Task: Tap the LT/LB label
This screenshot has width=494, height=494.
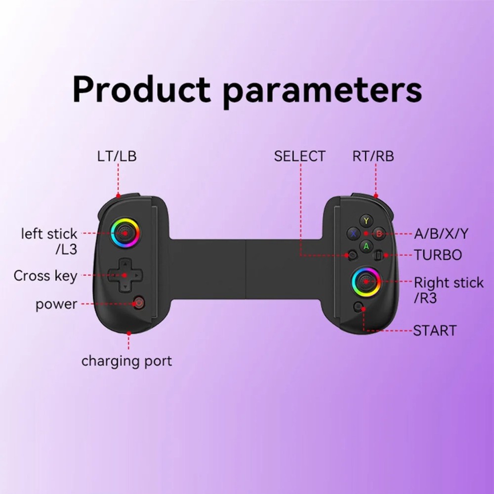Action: coord(117,156)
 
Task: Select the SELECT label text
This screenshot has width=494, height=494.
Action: coord(300,156)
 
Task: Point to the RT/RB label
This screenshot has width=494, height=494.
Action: coord(373,156)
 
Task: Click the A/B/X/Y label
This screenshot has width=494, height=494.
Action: coord(441,234)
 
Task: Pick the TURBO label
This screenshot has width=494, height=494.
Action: coord(438,255)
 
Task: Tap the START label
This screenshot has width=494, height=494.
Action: coord(435,330)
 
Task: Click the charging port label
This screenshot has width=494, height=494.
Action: coord(126,361)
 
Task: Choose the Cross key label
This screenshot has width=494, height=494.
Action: coord(45,276)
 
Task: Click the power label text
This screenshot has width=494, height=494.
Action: coord(56,304)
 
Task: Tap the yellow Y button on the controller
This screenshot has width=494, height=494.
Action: coord(366,221)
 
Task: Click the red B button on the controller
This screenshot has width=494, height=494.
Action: coord(379,234)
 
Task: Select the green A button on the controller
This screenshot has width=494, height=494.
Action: coord(366,246)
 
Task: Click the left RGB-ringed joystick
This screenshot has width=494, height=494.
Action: coord(125,234)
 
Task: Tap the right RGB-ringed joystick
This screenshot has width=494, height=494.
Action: coord(366,282)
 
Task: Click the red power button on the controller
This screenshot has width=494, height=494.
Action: coord(139,303)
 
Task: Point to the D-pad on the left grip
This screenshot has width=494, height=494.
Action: coord(125,275)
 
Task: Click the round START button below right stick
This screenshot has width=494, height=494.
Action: coord(359,307)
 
